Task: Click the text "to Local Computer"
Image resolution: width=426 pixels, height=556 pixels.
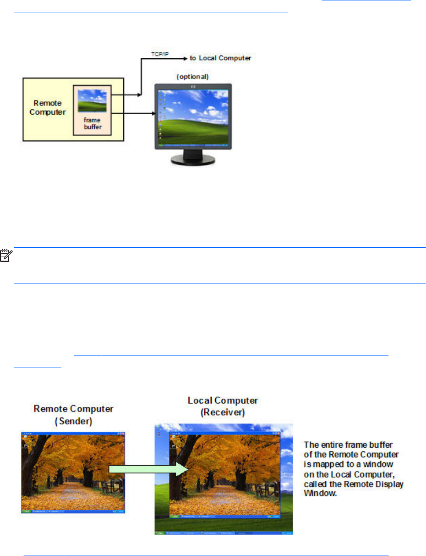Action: coord(220,58)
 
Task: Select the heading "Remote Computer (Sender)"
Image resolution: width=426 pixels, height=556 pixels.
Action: coord(72,416)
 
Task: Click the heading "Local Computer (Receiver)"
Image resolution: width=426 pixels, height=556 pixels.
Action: coord(223,406)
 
